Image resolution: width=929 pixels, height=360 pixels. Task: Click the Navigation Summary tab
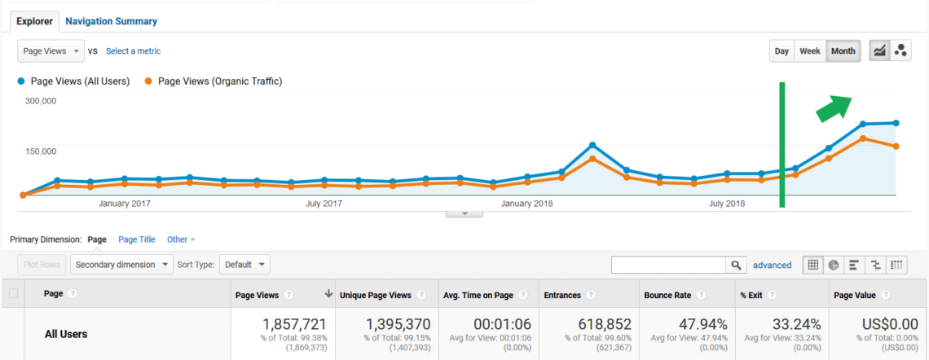pos(112,21)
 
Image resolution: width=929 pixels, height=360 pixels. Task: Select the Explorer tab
pos(35,21)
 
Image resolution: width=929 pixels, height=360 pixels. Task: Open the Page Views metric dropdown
pos(51,51)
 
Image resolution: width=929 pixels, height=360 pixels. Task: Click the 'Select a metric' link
pos(134,51)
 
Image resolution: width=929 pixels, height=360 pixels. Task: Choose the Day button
pos(782,51)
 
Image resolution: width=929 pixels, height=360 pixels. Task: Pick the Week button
pos(810,51)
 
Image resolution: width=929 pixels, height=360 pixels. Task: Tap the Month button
pos(843,51)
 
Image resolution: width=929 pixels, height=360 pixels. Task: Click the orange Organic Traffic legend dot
pos(148,81)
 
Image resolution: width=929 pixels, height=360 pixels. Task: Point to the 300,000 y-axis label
pos(40,101)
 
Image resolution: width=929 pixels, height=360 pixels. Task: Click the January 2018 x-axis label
pos(526,204)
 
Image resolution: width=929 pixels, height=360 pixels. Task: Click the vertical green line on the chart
pos(782,145)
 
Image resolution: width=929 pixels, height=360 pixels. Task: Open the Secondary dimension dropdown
pos(122,265)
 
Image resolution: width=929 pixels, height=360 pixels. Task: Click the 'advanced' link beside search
pos(772,266)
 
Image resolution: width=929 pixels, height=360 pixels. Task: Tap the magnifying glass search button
pos(736,266)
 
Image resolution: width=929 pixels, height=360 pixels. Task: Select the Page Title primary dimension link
pos(137,239)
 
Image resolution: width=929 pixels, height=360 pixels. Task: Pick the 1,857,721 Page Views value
pos(294,324)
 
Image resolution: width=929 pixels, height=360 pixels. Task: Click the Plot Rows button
pos(42,265)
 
